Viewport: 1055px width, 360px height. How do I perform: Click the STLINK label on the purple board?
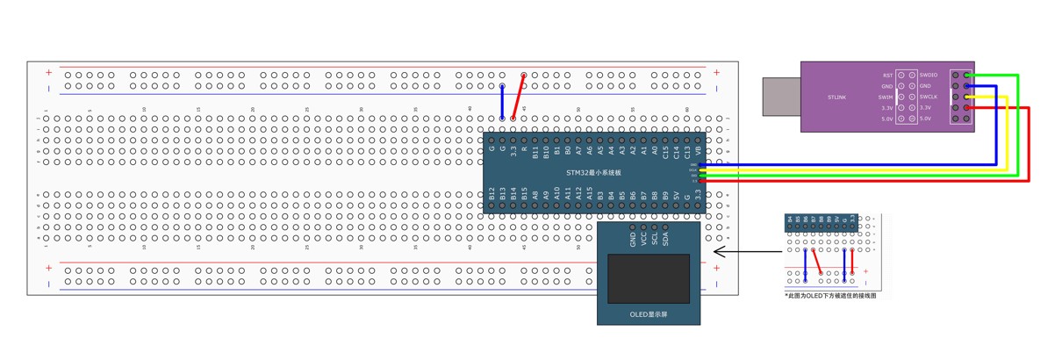coord(836,97)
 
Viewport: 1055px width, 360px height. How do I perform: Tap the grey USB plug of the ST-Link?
coord(780,97)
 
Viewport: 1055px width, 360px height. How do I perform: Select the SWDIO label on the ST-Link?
coord(929,76)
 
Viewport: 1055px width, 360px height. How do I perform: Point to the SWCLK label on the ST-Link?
coord(929,97)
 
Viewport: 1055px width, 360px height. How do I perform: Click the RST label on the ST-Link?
coord(887,76)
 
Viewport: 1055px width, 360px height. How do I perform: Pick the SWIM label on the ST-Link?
coord(886,97)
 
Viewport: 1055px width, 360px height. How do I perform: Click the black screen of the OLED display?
coord(649,279)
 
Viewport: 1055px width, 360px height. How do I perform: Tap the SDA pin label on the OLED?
coord(665,239)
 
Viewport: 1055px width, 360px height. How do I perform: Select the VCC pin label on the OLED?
coord(643,239)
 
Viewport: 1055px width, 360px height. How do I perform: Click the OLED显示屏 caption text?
coord(649,314)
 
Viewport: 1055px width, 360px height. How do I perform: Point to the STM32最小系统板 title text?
coord(593,173)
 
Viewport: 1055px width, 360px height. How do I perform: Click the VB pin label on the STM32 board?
coord(698,152)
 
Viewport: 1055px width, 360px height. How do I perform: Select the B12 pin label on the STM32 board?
coord(492,195)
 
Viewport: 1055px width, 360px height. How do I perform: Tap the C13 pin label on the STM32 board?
coord(687,152)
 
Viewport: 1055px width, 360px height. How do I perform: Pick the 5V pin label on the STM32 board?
coord(676,196)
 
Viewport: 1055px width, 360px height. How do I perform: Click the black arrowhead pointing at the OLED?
coord(718,253)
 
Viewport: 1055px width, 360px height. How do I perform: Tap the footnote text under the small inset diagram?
coord(829,296)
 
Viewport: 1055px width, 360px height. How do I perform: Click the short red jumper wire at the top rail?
coord(519,97)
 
